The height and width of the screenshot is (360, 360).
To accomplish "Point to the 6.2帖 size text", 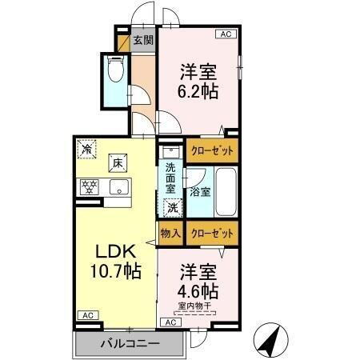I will pos(197,90).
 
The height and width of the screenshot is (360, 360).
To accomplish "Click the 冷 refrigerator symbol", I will pos(86,148).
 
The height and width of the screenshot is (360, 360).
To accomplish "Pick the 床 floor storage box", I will pos(117,163).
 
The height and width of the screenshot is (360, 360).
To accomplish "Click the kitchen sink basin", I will pos(118,189).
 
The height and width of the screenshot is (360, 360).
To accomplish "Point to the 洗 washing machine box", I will pos(171,207).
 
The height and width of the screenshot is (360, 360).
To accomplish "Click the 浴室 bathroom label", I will pos(200,192).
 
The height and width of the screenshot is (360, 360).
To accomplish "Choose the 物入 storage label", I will pos(170,233).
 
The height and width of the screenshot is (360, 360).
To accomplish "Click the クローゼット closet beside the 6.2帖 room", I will pos(212,150).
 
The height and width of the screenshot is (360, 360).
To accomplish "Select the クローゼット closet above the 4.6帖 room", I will pos(214,233).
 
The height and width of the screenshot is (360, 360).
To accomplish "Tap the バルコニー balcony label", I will pos(129,344).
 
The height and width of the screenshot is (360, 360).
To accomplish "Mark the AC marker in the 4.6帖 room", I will pos(169,322).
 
